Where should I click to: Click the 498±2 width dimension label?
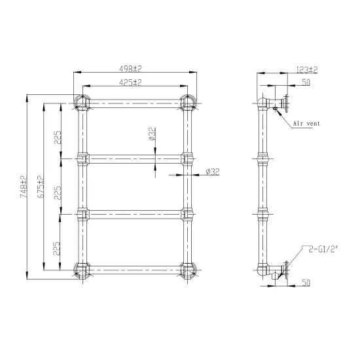tap(130, 69)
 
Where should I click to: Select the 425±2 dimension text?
tap(130, 82)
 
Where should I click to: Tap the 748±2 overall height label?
tap(24, 187)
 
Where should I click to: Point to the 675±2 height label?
tap(41, 187)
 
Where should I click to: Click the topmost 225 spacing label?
tap(58, 137)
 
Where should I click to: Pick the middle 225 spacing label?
tap(58, 193)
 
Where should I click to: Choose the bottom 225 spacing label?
tap(57, 249)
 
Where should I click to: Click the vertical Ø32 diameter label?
tap(153, 134)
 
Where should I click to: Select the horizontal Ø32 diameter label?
tap(213, 171)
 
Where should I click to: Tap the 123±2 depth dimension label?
tap(307, 69)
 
